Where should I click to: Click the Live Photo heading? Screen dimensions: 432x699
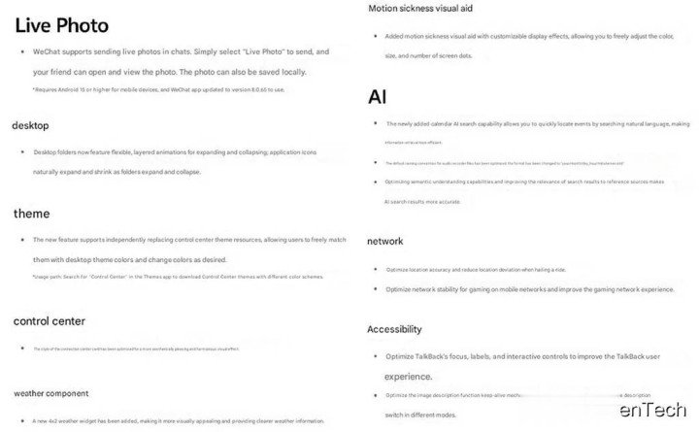point(61,25)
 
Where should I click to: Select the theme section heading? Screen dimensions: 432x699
point(31,214)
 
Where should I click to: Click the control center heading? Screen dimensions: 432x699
point(49,321)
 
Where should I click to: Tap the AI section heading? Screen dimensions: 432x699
point(378,97)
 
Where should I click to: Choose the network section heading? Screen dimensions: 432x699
point(385,241)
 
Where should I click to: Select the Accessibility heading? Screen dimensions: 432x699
point(394,329)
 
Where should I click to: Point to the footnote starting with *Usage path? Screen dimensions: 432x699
point(161,278)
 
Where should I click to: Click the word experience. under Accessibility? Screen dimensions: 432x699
point(408,376)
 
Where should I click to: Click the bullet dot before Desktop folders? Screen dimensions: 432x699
point(21,152)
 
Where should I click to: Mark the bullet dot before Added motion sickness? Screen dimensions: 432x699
point(376,36)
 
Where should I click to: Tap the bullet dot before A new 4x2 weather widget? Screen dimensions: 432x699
point(21,421)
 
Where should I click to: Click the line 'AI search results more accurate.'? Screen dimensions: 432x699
point(422,201)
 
